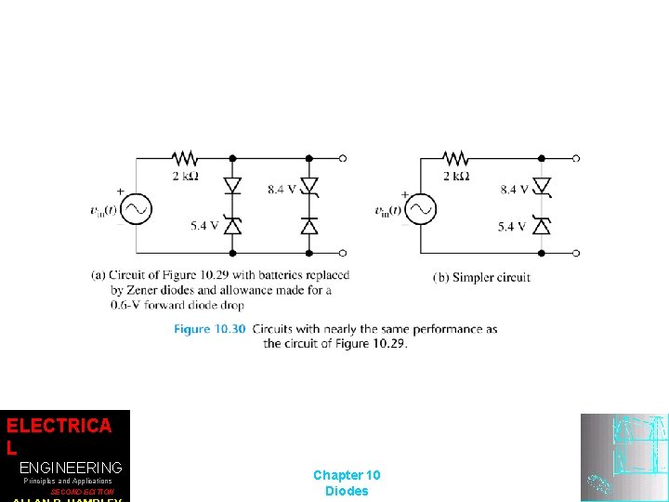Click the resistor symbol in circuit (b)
[455, 158]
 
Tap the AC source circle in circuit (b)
[421, 210]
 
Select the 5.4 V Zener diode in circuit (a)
[232, 225]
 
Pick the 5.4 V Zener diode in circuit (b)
[542, 226]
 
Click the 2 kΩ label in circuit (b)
[456, 176]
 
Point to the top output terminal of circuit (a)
[343, 158]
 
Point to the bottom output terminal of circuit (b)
[577, 252]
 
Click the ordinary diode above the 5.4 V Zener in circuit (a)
[232, 186]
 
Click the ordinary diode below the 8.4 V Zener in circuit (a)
[309, 225]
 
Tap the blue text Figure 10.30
[210, 329]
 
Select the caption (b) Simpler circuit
[482, 277]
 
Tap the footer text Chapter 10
[347, 476]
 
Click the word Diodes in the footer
[347, 491]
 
